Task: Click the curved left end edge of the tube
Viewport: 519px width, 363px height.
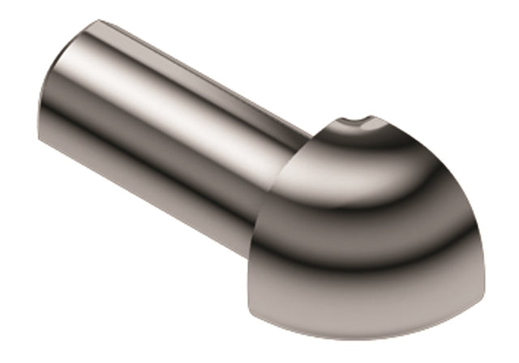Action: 50,89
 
